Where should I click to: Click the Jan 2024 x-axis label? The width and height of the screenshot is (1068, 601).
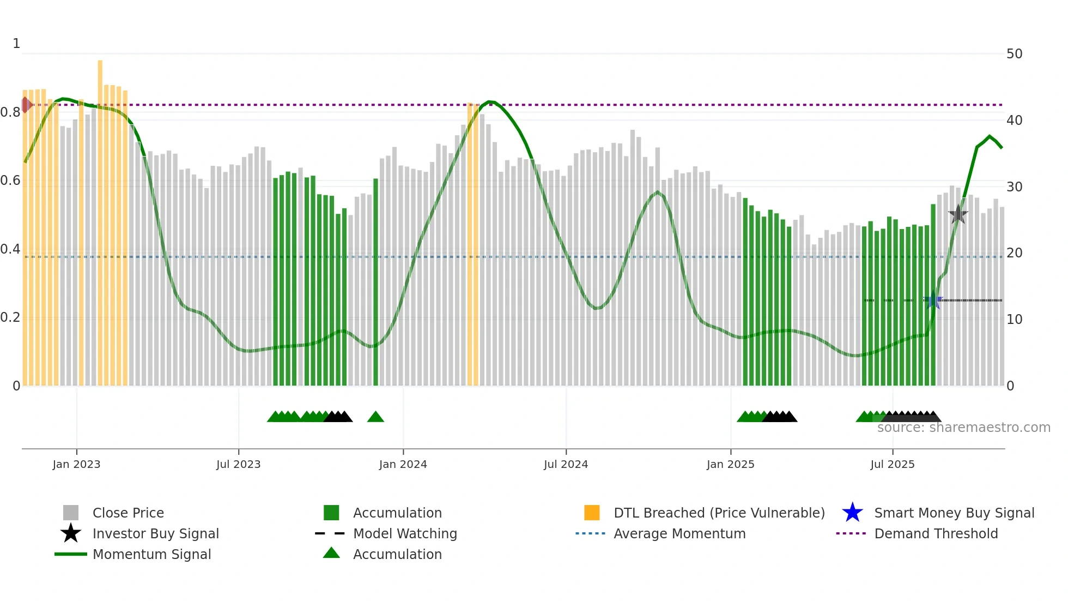(403, 464)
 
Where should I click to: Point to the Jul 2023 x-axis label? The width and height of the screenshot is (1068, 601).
(238, 464)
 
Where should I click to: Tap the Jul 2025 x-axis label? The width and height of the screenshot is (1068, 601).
(892, 464)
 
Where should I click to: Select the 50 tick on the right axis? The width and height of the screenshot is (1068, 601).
(1014, 54)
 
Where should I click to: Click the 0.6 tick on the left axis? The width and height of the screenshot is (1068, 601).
(10, 181)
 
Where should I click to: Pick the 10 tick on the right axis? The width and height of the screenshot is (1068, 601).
(1014, 320)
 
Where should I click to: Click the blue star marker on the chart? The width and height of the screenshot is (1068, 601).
(933, 300)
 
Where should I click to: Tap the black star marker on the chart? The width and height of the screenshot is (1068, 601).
(958, 214)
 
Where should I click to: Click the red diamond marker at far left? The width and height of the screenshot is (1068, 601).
(26, 105)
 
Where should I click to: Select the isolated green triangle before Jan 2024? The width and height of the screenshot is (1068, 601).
(375, 417)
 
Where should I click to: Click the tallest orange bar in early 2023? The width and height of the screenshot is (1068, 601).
(100, 218)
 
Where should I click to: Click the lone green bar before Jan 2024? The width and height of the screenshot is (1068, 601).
(375, 284)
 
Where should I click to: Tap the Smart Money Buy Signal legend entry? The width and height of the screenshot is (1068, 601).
(954, 513)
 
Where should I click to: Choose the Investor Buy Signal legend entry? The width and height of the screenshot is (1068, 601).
(155, 533)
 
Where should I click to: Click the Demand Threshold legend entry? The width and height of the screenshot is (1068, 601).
(936, 533)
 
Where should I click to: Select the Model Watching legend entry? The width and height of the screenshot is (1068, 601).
(404, 533)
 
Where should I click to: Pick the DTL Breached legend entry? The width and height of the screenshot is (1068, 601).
(719, 513)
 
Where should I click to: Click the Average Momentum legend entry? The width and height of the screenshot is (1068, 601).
(679, 533)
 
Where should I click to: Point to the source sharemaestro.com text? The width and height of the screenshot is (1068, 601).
(963, 428)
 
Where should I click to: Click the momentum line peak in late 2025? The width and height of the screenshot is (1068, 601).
(990, 136)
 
